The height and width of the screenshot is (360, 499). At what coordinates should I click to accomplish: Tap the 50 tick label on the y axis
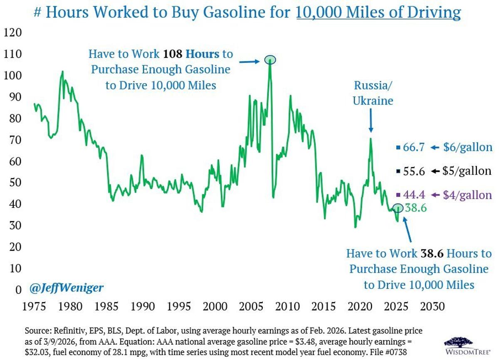[x=12, y=182]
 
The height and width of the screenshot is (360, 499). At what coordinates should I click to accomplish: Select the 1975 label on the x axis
[x=34, y=307]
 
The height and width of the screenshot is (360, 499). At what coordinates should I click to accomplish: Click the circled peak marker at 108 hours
[x=270, y=59]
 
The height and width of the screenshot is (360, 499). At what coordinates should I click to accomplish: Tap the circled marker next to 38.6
[x=398, y=207]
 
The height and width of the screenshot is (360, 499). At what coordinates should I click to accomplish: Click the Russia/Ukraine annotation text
[x=373, y=93]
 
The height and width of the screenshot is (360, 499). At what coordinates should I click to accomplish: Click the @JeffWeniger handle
[x=67, y=287]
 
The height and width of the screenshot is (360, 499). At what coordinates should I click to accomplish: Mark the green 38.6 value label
[x=415, y=208]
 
